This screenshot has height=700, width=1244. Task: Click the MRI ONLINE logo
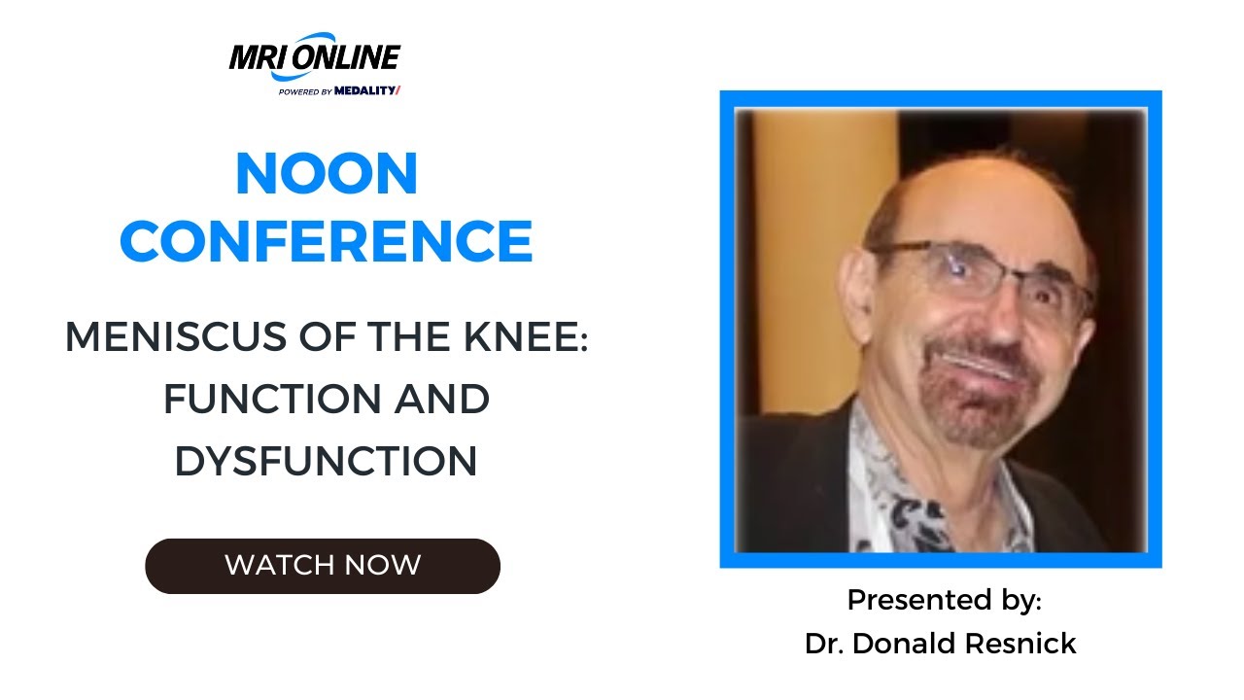pyautogui.click(x=314, y=58)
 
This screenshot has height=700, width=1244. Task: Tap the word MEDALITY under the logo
pyautogui.click(x=366, y=91)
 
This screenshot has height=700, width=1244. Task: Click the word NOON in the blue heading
pyautogui.click(x=327, y=175)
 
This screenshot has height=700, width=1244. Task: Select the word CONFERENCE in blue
pyautogui.click(x=327, y=241)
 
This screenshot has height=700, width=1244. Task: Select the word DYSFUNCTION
pyautogui.click(x=327, y=461)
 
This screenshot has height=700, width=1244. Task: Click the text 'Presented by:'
pyautogui.click(x=944, y=600)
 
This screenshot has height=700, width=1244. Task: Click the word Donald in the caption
pyautogui.click(x=908, y=643)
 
